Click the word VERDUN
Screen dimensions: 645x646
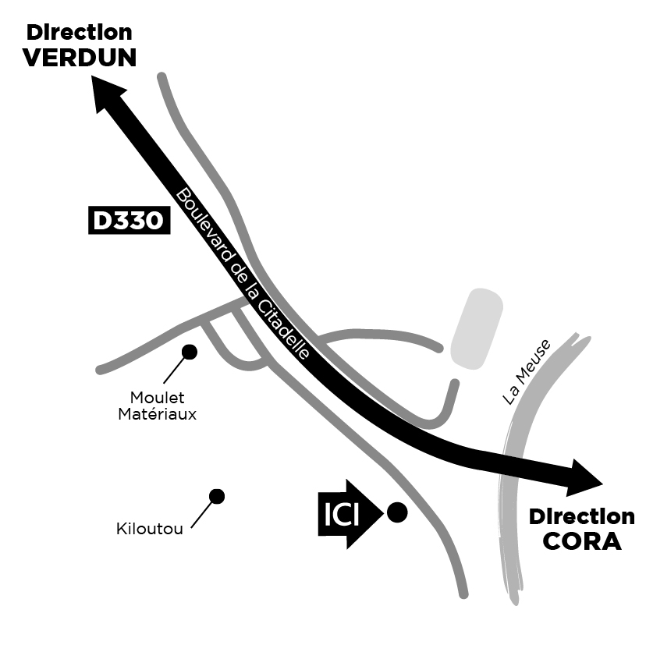[x=80, y=58]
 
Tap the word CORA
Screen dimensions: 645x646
[x=581, y=541]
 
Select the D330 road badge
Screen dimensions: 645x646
[x=128, y=221]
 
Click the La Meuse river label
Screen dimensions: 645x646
[x=526, y=372]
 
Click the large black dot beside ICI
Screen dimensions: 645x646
[x=397, y=512]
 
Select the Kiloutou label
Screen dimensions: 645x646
[x=150, y=529]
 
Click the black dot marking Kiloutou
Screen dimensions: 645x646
[x=217, y=496]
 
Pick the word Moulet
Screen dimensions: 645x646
[x=158, y=399]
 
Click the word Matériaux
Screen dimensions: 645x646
[x=158, y=414]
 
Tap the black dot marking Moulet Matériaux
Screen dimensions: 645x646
[x=189, y=352]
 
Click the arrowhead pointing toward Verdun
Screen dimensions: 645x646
[x=107, y=92]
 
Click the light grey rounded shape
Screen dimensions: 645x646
[x=475, y=328]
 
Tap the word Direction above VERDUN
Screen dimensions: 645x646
[x=80, y=33]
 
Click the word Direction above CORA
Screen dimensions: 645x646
[x=581, y=517]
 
